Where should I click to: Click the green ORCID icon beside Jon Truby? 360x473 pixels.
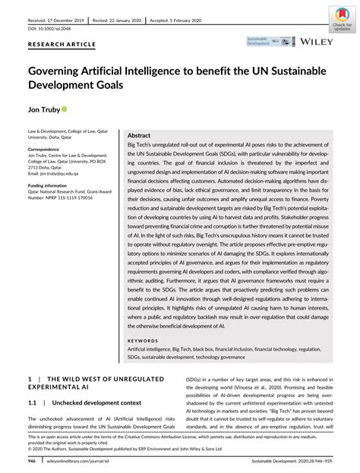click(65, 110)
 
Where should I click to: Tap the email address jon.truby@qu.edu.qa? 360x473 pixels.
click(63, 174)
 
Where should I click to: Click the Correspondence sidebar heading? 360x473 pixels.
click(49, 150)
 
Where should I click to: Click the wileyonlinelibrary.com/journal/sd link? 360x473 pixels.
click(80, 461)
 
